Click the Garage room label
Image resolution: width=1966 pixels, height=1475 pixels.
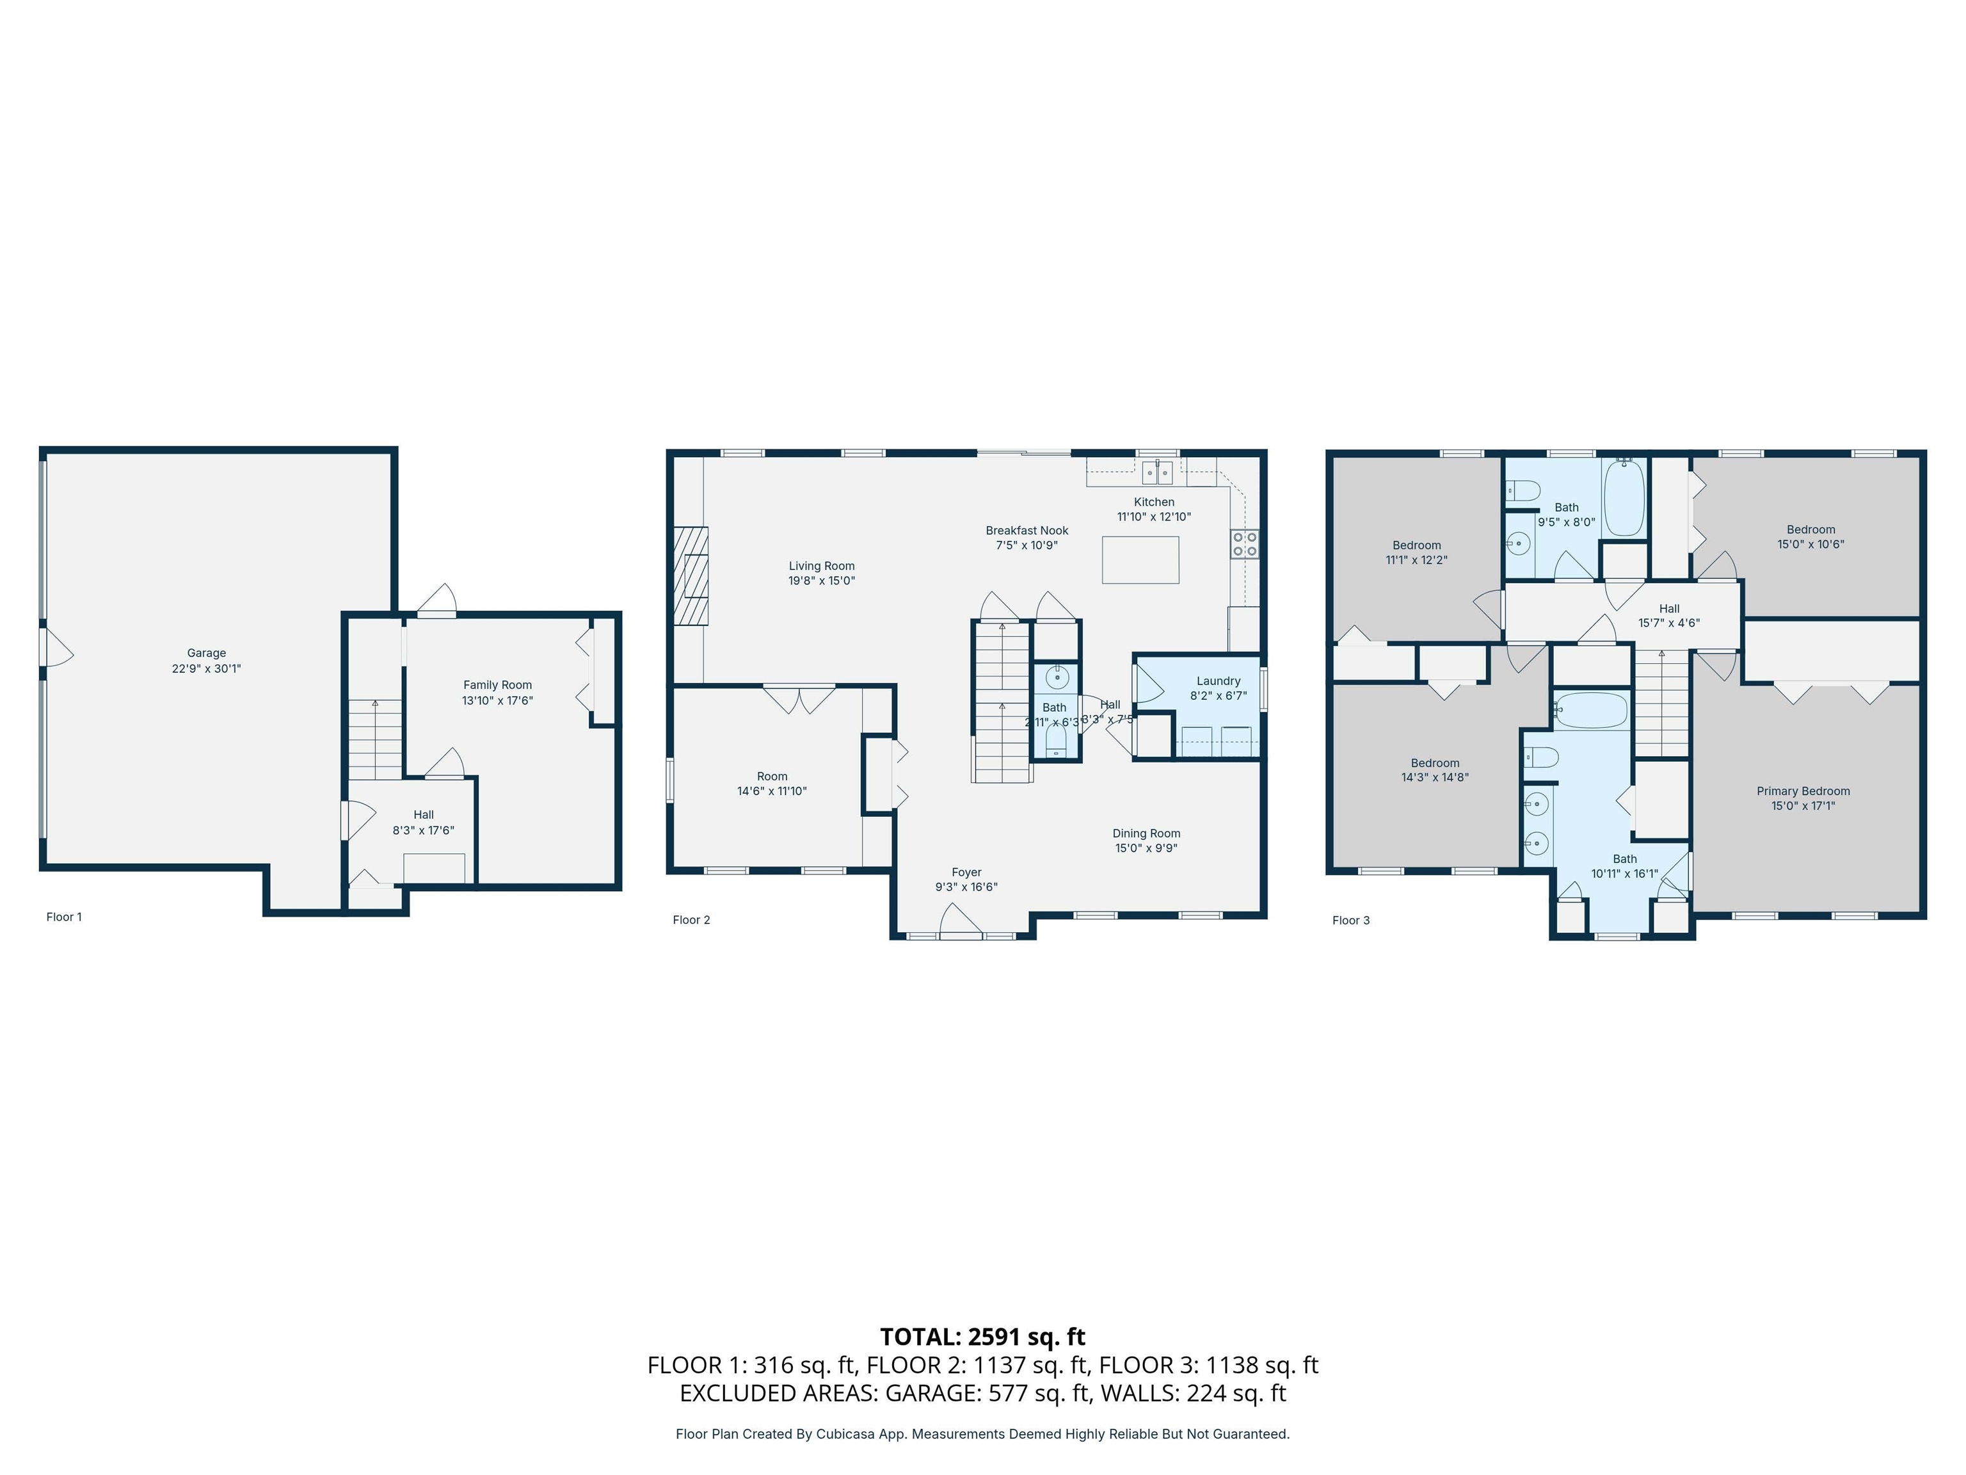point(206,652)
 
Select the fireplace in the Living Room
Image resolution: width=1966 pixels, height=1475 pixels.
point(691,576)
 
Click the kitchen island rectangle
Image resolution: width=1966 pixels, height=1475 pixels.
point(1140,560)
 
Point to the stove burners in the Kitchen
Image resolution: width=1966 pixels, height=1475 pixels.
point(1244,544)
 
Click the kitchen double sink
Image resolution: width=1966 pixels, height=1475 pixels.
point(1157,471)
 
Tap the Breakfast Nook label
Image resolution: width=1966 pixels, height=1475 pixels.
point(1027,531)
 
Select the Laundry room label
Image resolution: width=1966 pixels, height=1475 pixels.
point(1218,681)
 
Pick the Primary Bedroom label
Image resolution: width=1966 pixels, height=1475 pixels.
point(1802,791)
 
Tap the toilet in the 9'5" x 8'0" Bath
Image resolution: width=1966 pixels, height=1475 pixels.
point(1523,490)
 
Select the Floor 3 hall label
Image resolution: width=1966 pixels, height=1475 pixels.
point(1668,609)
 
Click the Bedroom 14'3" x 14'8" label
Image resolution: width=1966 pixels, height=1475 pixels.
point(1435,763)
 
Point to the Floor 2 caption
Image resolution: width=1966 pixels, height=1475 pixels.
point(691,920)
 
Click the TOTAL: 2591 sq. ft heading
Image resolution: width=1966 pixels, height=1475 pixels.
point(982,1336)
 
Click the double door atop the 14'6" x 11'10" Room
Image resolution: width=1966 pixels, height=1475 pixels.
point(799,699)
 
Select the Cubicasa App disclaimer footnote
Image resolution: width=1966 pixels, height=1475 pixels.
point(982,1434)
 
